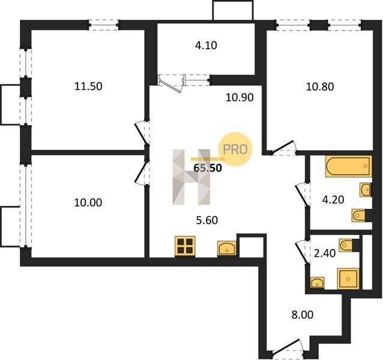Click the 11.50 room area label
[x=88, y=86]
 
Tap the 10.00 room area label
[x=88, y=203]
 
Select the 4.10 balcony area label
[x=206, y=46]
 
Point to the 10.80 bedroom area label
[x=320, y=86]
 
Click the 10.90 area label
[x=240, y=97]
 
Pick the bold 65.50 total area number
[x=208, y=168]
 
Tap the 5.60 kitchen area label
[x=207, y=220]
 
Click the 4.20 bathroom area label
[x=333, y=200]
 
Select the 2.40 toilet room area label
[x=325, y=253]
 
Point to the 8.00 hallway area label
[x=303, y=314]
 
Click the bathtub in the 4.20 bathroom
[x=348, y=166]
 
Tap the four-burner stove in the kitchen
[x=185, y=246]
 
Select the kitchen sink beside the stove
[x=227, y=249]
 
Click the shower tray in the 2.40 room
[x=348, y=278]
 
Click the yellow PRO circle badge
[x=235, y=149]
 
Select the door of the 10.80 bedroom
[x=284, y=148]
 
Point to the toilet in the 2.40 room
[x=349, y=245]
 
